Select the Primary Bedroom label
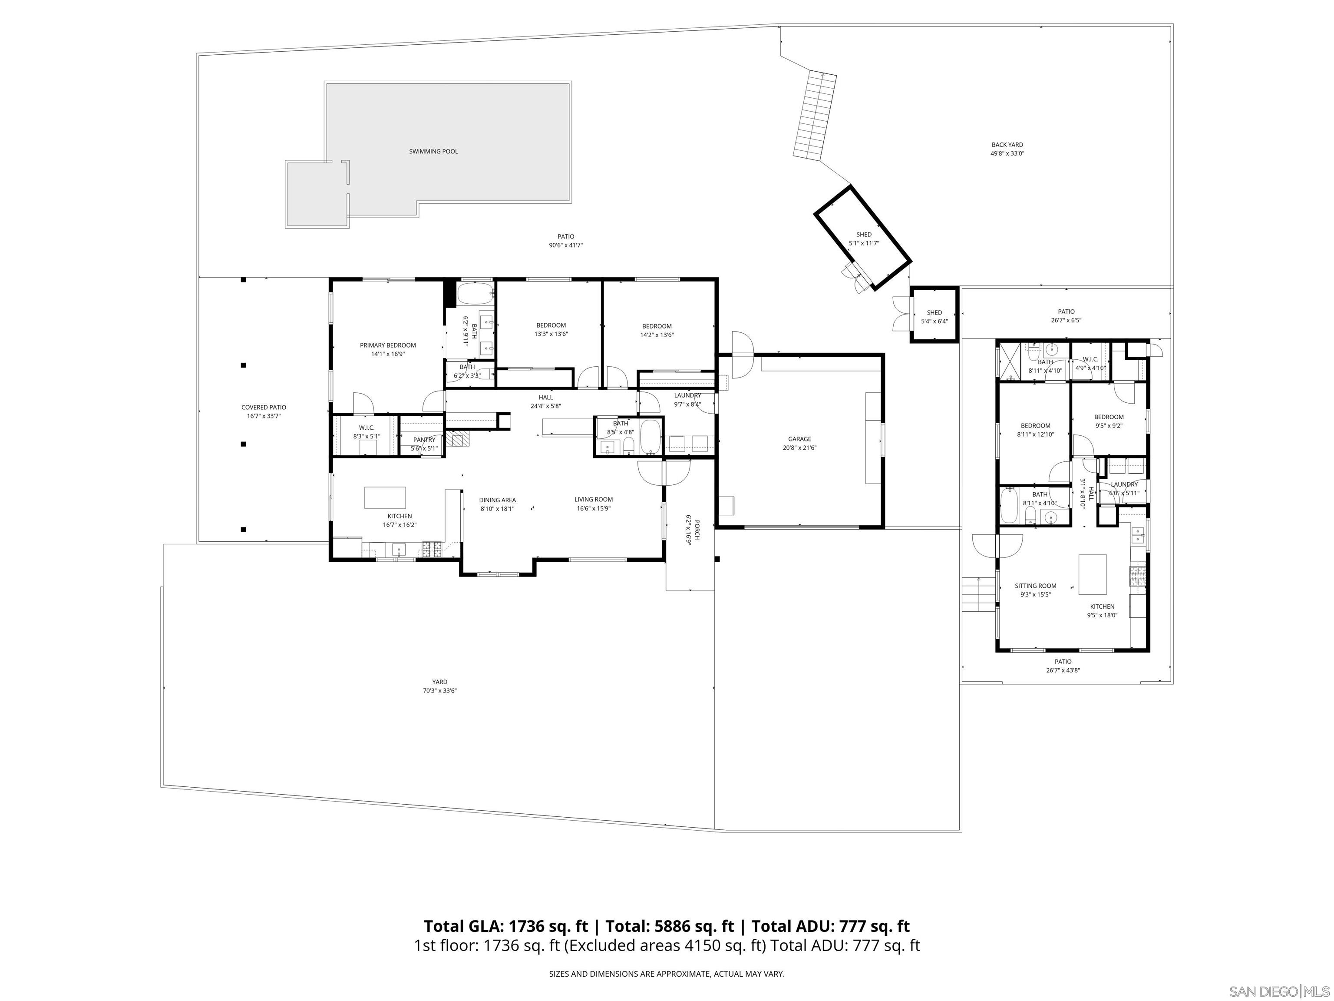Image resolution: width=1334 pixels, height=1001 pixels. (388, 345)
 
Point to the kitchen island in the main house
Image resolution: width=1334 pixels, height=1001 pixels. (385, 498)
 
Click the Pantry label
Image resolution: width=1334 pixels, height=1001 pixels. (424, 440)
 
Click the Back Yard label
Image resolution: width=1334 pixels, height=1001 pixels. (1007, 145)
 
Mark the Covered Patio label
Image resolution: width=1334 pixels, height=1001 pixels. (264, 407)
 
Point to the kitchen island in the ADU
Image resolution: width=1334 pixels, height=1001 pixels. (1092, 574)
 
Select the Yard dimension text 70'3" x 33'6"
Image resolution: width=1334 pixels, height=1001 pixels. (439, 691)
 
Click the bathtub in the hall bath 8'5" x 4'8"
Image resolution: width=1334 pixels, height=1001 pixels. (650, 438)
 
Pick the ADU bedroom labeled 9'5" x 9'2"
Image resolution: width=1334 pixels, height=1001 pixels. (1109, 421)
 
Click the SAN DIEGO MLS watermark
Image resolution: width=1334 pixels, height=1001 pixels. (1278, 991)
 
